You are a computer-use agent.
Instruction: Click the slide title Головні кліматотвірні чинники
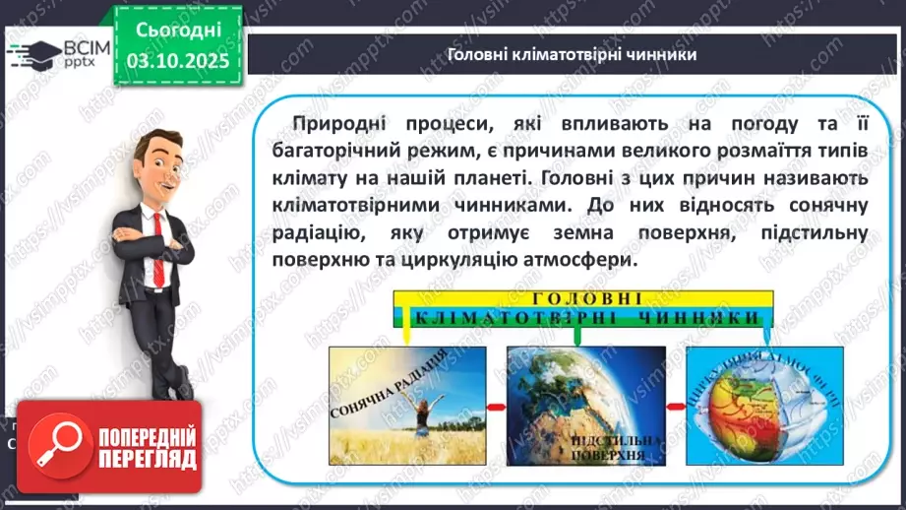[572, 55]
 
